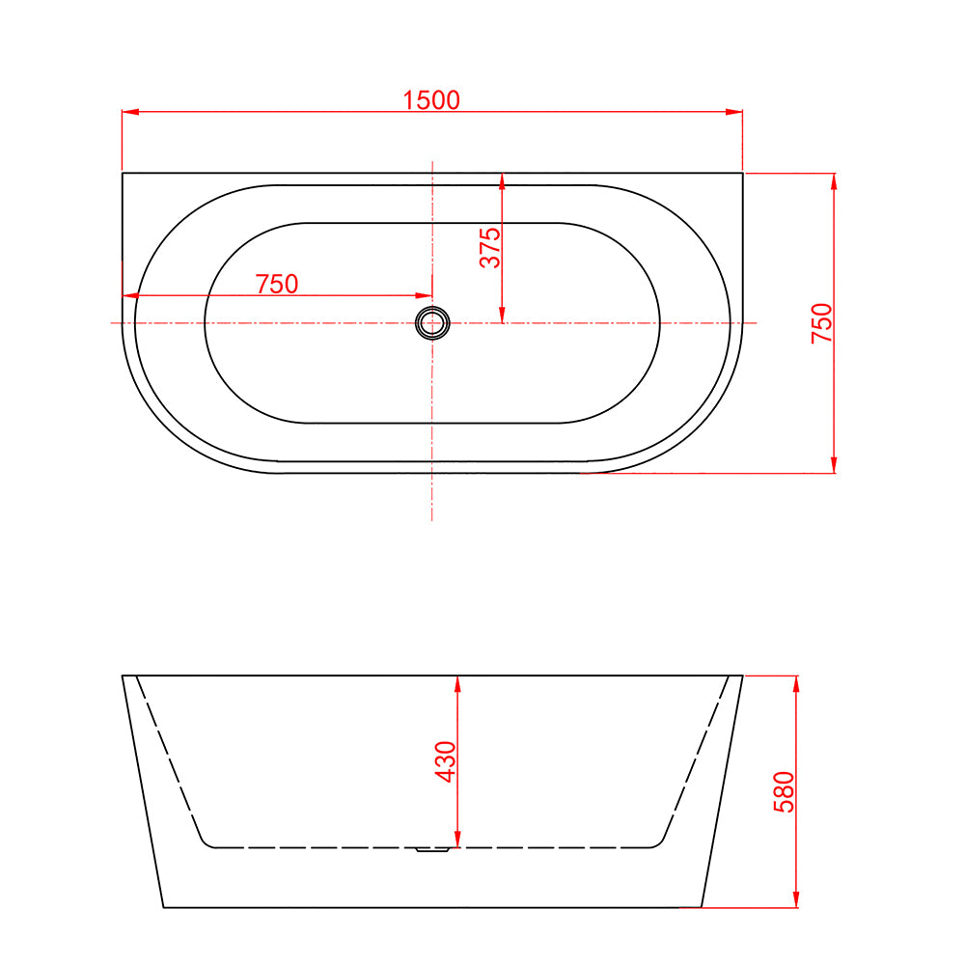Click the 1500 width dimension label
pos(431,99)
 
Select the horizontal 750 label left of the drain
pos(277,284)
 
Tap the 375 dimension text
pos(490,248)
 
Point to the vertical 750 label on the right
pos(821,322)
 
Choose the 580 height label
pos(784,791)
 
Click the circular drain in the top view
pos(431,322)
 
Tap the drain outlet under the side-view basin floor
pos(431,850)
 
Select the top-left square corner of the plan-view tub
pos(123,173)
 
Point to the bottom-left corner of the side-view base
pos(163,907)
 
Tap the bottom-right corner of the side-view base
pos(702,907)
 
